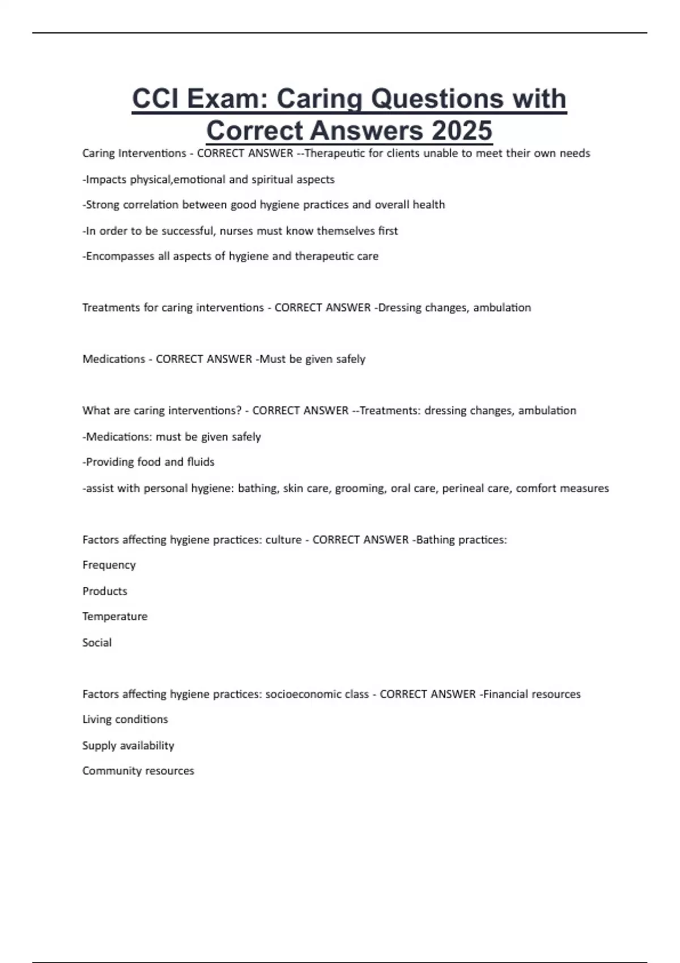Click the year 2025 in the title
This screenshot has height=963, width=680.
462,130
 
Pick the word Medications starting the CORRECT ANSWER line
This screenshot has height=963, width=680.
114,359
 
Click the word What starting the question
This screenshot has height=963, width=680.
95,411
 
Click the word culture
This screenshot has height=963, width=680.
283,540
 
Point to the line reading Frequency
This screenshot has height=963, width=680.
109,565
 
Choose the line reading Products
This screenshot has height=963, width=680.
105,591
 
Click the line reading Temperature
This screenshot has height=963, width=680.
114,616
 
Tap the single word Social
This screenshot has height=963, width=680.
97,642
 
